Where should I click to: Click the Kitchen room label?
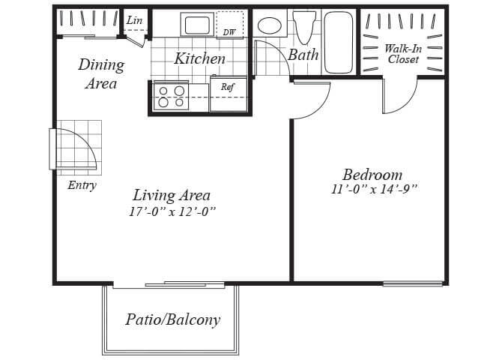tap(200, 58)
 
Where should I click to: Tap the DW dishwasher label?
tap(229, 32)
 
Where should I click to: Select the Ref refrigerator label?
tap(228, 87)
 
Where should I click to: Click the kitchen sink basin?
tap(197, 25)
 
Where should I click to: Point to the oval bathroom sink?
tap(270, 25)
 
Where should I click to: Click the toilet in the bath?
tap(304, 28)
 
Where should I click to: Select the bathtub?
tap(339, 43)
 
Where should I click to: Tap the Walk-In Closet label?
tap(403, 54)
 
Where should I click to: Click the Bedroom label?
tap(372, 175)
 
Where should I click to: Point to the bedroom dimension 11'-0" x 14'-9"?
tap(375, 189)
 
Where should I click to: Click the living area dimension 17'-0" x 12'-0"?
tap(172, 211)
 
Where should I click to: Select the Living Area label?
tap(172, 195)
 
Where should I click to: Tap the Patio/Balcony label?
tap(173, 320)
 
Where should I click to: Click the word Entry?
tap(82, 185)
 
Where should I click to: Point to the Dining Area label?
tap(101, 74)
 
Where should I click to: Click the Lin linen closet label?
tap(134, 20)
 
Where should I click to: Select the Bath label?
tap(303, 55)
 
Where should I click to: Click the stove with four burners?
tap(171, 97)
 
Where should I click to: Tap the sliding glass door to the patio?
tap(185, 284)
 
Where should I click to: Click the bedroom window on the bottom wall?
tap(413, 283)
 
